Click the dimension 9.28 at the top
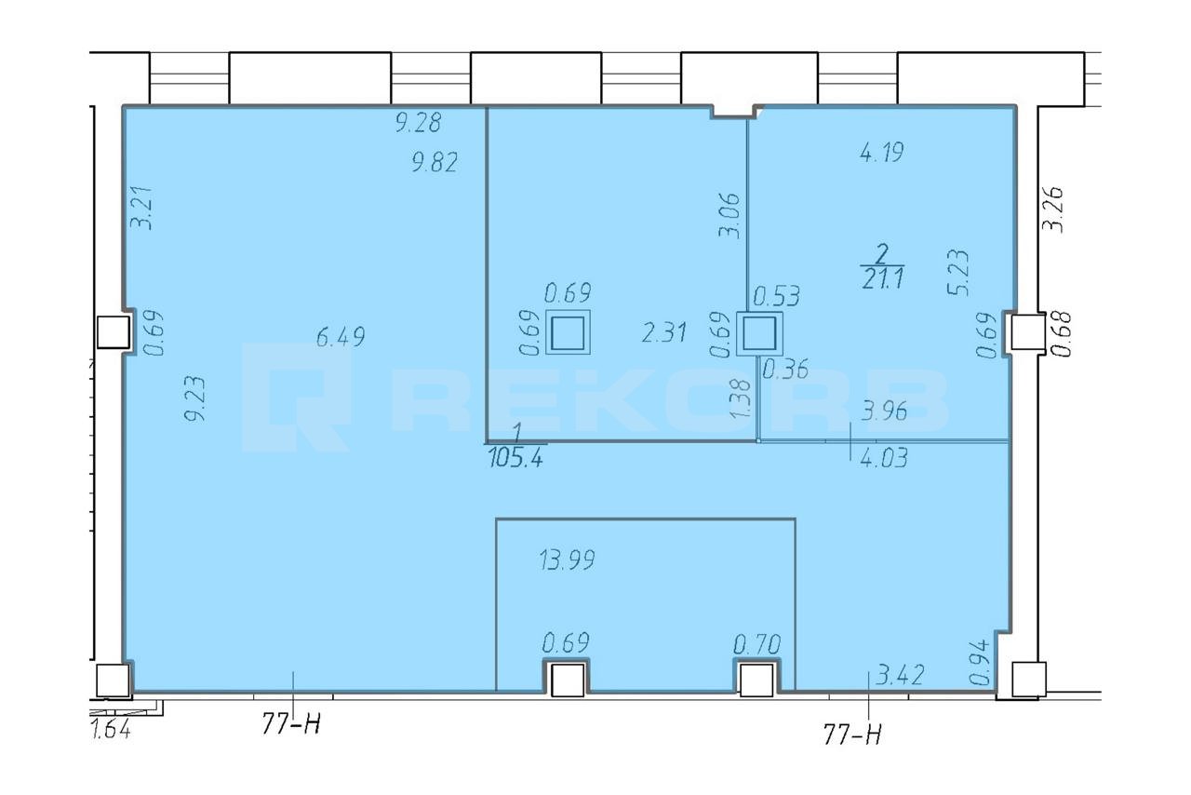click(x=419, y=122)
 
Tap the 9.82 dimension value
click(x=435, y=162)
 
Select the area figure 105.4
click(x=515, y=458)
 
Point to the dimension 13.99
click(x=567, y=559)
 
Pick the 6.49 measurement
click(x=341, y=337)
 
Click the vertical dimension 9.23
click(x=195, y=398)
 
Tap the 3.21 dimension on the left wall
click(x=142, y=209)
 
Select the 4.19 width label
click(x=882, y=152)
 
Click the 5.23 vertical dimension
click(x=958, y=273)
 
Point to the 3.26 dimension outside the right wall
click(x=1052, y=209)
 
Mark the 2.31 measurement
click(x=664, y=332)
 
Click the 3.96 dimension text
click(x=884, y=411)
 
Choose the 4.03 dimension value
click(x=884, y=458)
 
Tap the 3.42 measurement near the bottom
click(x=900, y=675)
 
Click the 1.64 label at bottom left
click(x=111, y=729)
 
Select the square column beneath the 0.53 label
click(x=759, y=333)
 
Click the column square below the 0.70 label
click(x=756, y=680)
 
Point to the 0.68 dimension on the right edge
click(x=1062, y=334)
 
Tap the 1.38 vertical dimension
click(x=741, y=398)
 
